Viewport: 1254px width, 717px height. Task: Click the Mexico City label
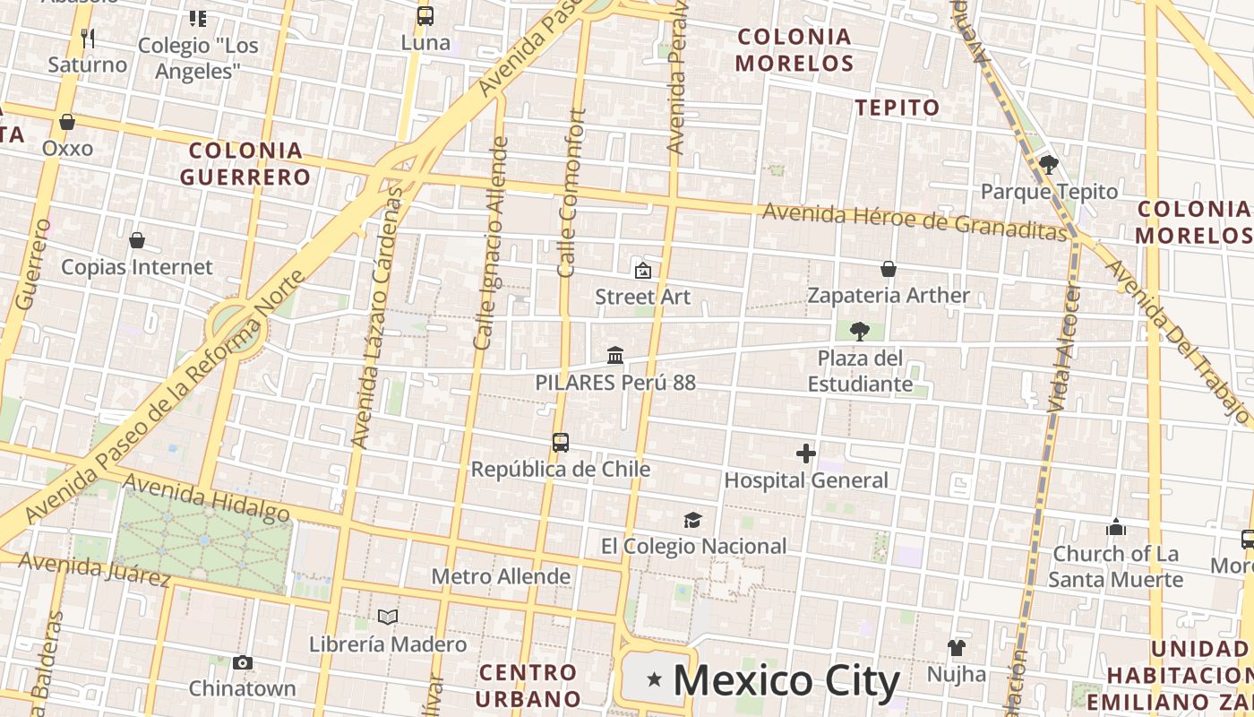pos(786,681)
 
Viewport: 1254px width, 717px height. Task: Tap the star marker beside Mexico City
pos(655,680)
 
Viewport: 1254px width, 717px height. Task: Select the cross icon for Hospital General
pos(806,454)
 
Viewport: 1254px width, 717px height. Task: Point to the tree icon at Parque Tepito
pos(1049,165)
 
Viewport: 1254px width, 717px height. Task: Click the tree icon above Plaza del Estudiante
pos(860,332)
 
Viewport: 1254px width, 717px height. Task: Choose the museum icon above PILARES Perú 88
pos(615,356)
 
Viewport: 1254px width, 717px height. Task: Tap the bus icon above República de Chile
pos(561,443)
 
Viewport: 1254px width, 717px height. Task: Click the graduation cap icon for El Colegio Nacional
pos(692,520)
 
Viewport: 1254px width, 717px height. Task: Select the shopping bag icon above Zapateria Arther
pos(889,269)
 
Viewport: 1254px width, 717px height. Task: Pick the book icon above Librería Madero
pos(388,617)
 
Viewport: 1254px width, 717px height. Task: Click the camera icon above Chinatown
pos(242,663)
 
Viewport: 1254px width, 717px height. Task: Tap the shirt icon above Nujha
pos(957,647)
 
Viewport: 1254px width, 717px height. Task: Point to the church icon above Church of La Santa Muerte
pos(1116,527)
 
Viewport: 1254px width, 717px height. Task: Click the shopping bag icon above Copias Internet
pos(137,240)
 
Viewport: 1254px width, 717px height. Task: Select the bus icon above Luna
pos(425,16)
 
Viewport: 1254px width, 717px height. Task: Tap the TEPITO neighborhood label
pos(898,108)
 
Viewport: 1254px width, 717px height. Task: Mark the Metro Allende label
pos(501,576)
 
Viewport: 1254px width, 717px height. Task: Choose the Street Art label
pos(643,297)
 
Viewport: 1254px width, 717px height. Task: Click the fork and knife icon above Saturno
pos(88,38)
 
